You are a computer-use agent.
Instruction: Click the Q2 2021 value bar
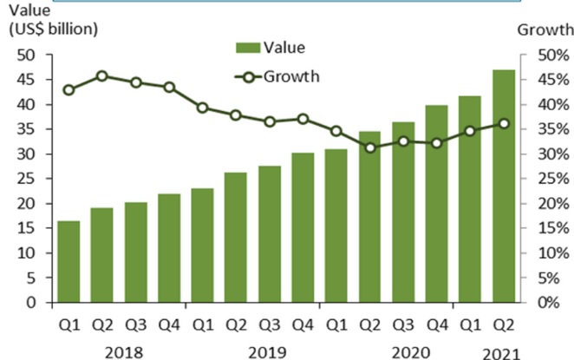click(503, 187)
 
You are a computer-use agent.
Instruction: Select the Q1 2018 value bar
click(68, 262)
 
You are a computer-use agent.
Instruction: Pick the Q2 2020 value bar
click(369, 217)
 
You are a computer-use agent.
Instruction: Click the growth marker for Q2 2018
click(101, 76)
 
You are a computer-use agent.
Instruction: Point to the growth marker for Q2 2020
click(369, 147)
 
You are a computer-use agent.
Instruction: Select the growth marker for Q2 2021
click(503, 123)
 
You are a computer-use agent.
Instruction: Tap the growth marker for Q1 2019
click(202, 108)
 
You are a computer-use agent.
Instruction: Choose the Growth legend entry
click(277, 76)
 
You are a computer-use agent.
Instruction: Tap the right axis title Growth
click(544, 30)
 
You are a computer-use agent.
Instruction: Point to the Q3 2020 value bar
click(403, 213)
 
